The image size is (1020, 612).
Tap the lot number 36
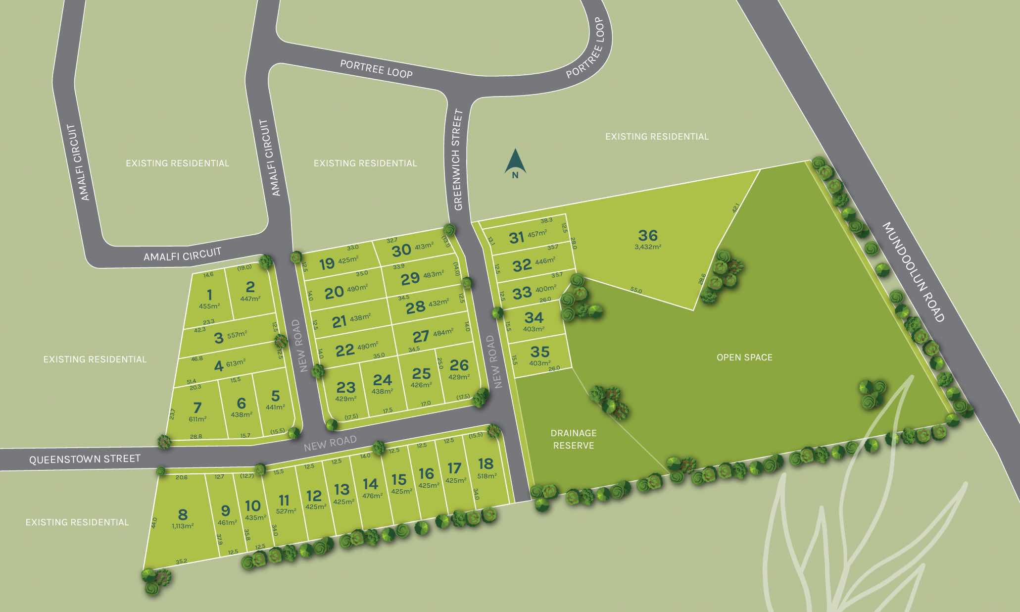[x=648, y=235]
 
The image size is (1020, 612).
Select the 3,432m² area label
[x=648, y=246]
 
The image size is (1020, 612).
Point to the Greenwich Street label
[x=458, y=160]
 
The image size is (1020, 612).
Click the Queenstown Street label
[x=85, y=459]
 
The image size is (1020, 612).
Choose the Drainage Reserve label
[x=574, y=439]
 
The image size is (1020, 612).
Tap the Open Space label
[x=744, y=357]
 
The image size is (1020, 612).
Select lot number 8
[x=183, y=514]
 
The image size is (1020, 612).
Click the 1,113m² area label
[x=183, y=526]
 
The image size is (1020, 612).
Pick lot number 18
[x=486, y=463]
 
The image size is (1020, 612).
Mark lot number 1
[x=209, y=295]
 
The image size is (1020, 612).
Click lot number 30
[x=401, y=250]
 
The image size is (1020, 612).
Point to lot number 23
[x=346, y=387]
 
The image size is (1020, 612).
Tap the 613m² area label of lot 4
[x=236, y=363]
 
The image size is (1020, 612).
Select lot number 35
[x=539, y=352]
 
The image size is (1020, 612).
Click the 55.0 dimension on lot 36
[x=636, y=291]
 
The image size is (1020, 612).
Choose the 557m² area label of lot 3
[x=237, y=335]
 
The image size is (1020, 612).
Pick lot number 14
[x=370, y=483]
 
